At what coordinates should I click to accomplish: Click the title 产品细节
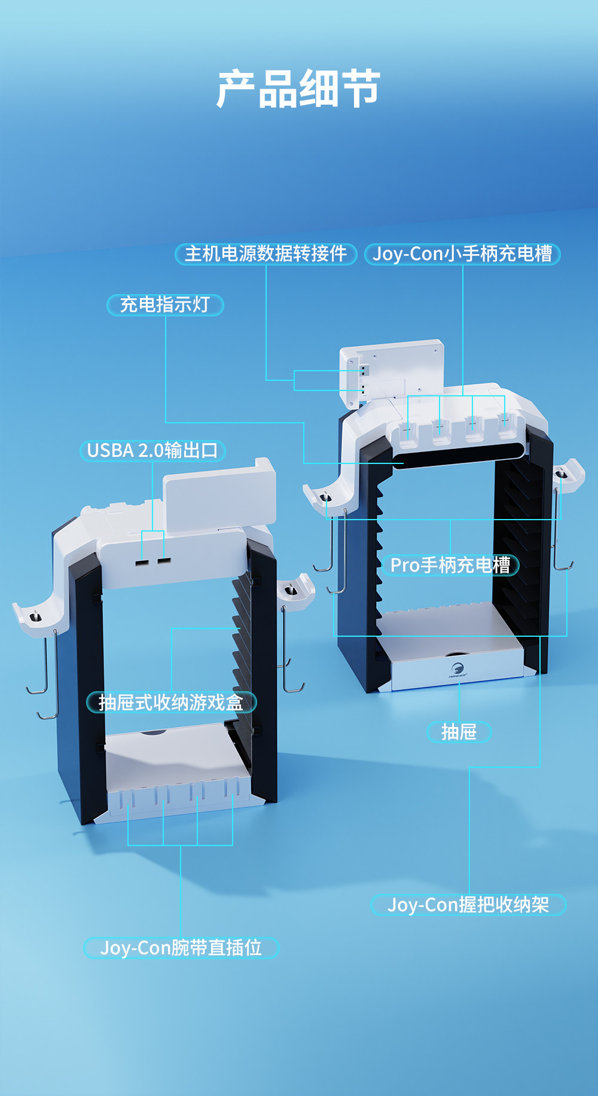[x=298, y=88]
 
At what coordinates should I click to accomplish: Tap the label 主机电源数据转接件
[x=266, y=254]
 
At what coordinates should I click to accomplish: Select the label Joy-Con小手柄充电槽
[x=462, y=254]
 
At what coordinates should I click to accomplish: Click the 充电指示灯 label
[x=165, y=305]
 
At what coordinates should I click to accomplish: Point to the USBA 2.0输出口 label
[x=152, y=450]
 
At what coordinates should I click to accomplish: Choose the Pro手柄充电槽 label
[x=450, y=565]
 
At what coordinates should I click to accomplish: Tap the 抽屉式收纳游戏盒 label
[x=171, y=702]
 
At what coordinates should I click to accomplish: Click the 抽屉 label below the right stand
[x=459, y=732]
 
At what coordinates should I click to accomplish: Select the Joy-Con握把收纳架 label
[x=468, y=905]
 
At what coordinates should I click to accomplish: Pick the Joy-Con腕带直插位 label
[x=181, y=948]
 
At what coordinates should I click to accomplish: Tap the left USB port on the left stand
[x=142, y=562]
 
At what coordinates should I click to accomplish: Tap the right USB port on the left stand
[x=164, y=560]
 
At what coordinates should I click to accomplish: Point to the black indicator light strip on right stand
[x=457, y=459]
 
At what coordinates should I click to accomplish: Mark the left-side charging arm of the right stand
[x=323, y=496]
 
